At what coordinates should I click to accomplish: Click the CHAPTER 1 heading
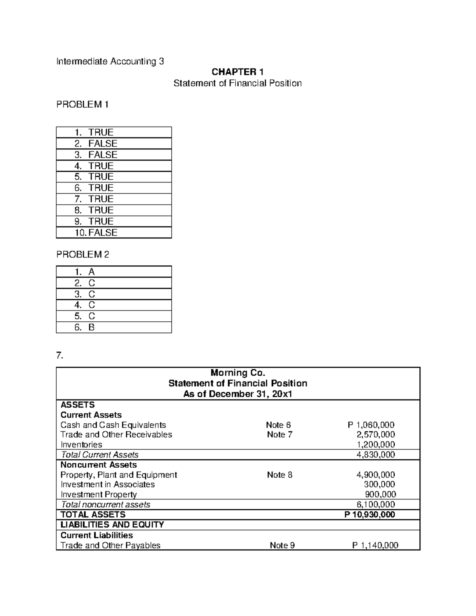[x=238, y=72]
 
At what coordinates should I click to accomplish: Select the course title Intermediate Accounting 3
[x=110, y=61]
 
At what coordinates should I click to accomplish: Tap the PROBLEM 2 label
[x=83, y=255]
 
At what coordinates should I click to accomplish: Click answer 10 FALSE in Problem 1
[x=96, y=232]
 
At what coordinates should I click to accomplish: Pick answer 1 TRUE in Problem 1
[x=94, y=132]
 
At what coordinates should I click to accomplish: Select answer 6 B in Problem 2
[x=85, y=327]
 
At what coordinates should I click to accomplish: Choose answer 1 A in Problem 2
[x=85, y=272]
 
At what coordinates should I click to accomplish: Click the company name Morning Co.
[x=238, y=372]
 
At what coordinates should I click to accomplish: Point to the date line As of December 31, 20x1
[x=238, y=394]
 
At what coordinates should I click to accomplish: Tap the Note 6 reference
[x=278, y=425]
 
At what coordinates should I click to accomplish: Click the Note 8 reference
[x=280, y=475]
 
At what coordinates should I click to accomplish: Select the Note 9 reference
[x=282, y=545]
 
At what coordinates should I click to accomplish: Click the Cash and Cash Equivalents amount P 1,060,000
[x=371, y=425]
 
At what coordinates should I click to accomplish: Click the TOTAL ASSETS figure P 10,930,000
[x=370, y=514]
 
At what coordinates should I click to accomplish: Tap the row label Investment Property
[x=98, y=494]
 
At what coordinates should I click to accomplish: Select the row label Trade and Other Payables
[x=110, y=545]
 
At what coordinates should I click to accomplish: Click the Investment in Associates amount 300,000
[x=379, y=484]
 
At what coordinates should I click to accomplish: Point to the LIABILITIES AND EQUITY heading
[x=112, y=524]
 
